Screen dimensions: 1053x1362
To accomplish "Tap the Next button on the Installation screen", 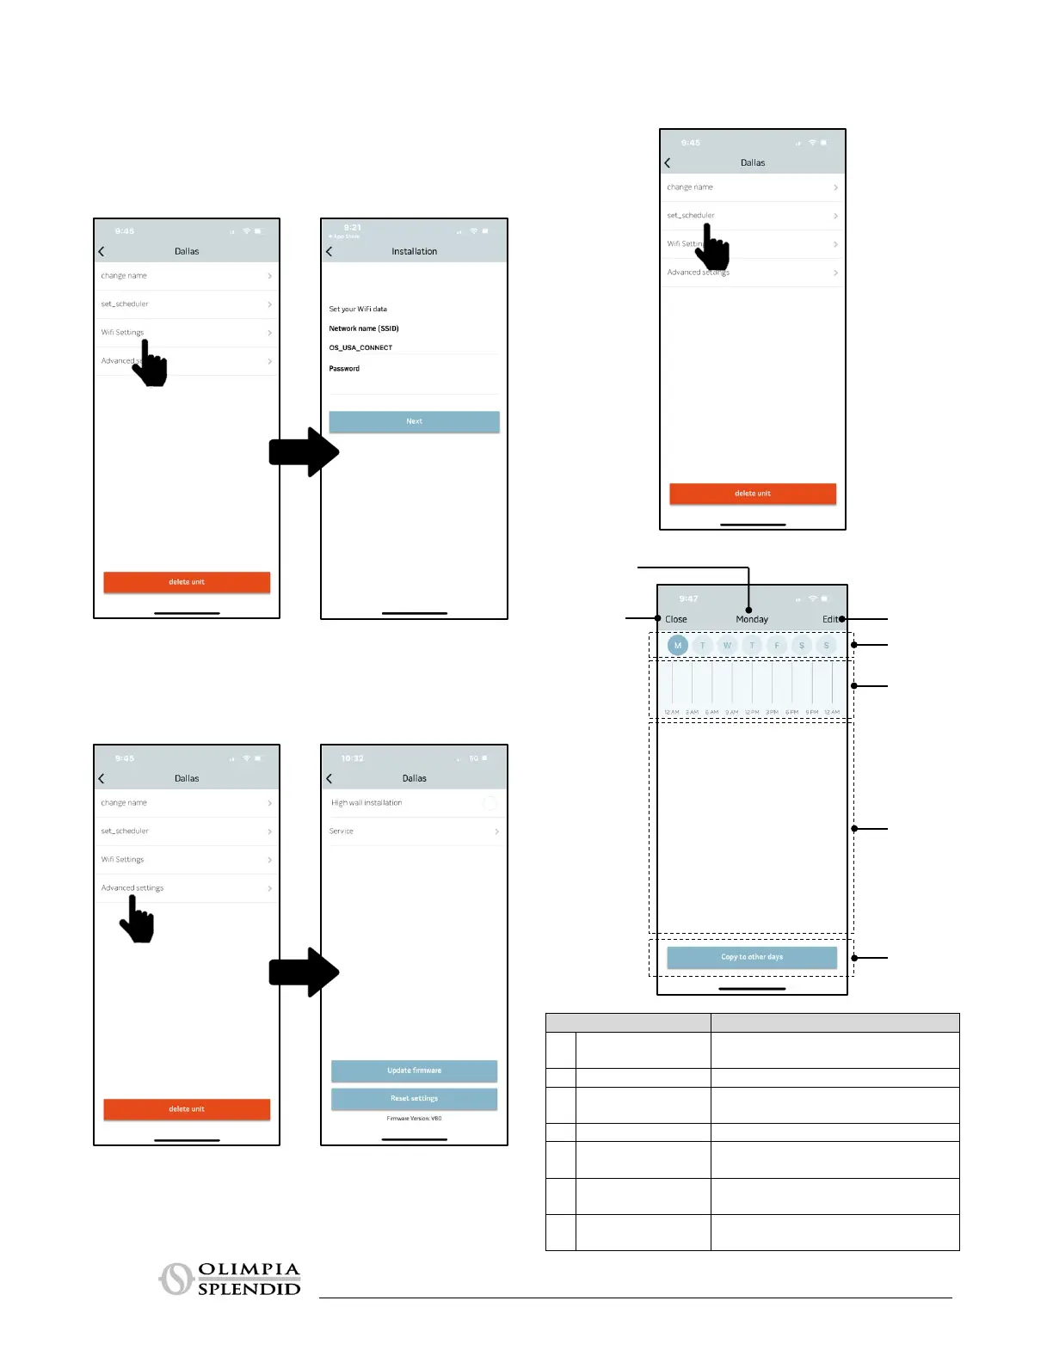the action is [414, 421].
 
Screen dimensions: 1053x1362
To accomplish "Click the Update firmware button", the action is [414, 1071].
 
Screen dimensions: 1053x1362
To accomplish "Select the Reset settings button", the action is [414, 1099].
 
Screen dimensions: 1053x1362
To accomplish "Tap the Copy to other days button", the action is [752, 957].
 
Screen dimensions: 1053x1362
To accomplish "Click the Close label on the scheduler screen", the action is [676, 619].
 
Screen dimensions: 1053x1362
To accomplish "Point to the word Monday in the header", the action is [752, 619].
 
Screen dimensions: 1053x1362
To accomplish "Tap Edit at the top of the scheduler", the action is [829, 619].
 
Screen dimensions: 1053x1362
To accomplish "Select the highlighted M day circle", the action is [678, 645].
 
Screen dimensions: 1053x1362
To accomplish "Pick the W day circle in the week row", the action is [727, 645].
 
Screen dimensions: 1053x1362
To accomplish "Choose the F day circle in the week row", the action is [777, 645].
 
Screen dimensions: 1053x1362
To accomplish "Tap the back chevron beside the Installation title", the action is [329, 251].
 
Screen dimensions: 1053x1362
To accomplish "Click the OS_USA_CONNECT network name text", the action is [360, 347].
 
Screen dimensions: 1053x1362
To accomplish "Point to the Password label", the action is [344, 368].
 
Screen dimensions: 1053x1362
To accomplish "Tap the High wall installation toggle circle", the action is [490, 803].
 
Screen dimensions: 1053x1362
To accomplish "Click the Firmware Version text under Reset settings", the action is [414, 1119].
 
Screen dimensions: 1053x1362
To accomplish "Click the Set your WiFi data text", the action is [358, 309].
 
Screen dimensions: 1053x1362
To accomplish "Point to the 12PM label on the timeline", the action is [752, 713].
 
